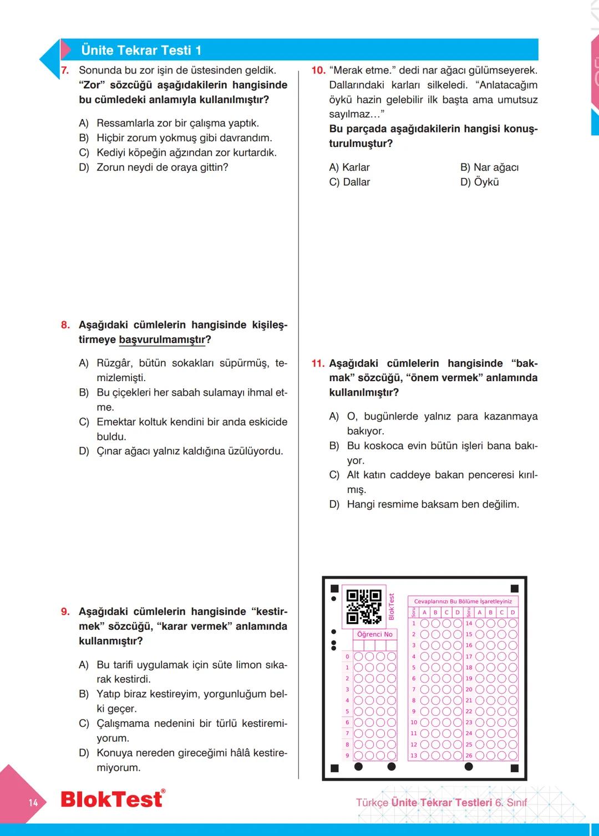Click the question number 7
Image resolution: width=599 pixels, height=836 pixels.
65,70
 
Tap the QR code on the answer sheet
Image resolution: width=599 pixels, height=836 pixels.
364,607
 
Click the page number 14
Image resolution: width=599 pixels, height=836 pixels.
33,802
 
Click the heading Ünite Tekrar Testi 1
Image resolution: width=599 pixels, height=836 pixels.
141,50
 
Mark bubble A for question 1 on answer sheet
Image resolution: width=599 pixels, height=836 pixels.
425,623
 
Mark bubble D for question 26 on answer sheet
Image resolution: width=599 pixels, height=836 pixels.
512,755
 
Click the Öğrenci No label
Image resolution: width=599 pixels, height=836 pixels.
374,634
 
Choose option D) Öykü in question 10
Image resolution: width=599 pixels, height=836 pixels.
480,182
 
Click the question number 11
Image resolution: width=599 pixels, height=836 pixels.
318,363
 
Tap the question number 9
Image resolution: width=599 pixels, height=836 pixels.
65,612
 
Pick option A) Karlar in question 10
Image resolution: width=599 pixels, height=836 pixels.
349,167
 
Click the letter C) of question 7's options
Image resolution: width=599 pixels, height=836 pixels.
84,153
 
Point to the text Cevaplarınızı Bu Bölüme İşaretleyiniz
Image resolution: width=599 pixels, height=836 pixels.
463,601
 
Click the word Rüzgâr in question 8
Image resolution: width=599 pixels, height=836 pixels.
114,363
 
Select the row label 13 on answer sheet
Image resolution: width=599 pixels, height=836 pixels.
414,756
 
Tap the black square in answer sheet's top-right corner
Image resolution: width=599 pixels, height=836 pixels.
514,588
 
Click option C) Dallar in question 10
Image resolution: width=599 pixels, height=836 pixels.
349,182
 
